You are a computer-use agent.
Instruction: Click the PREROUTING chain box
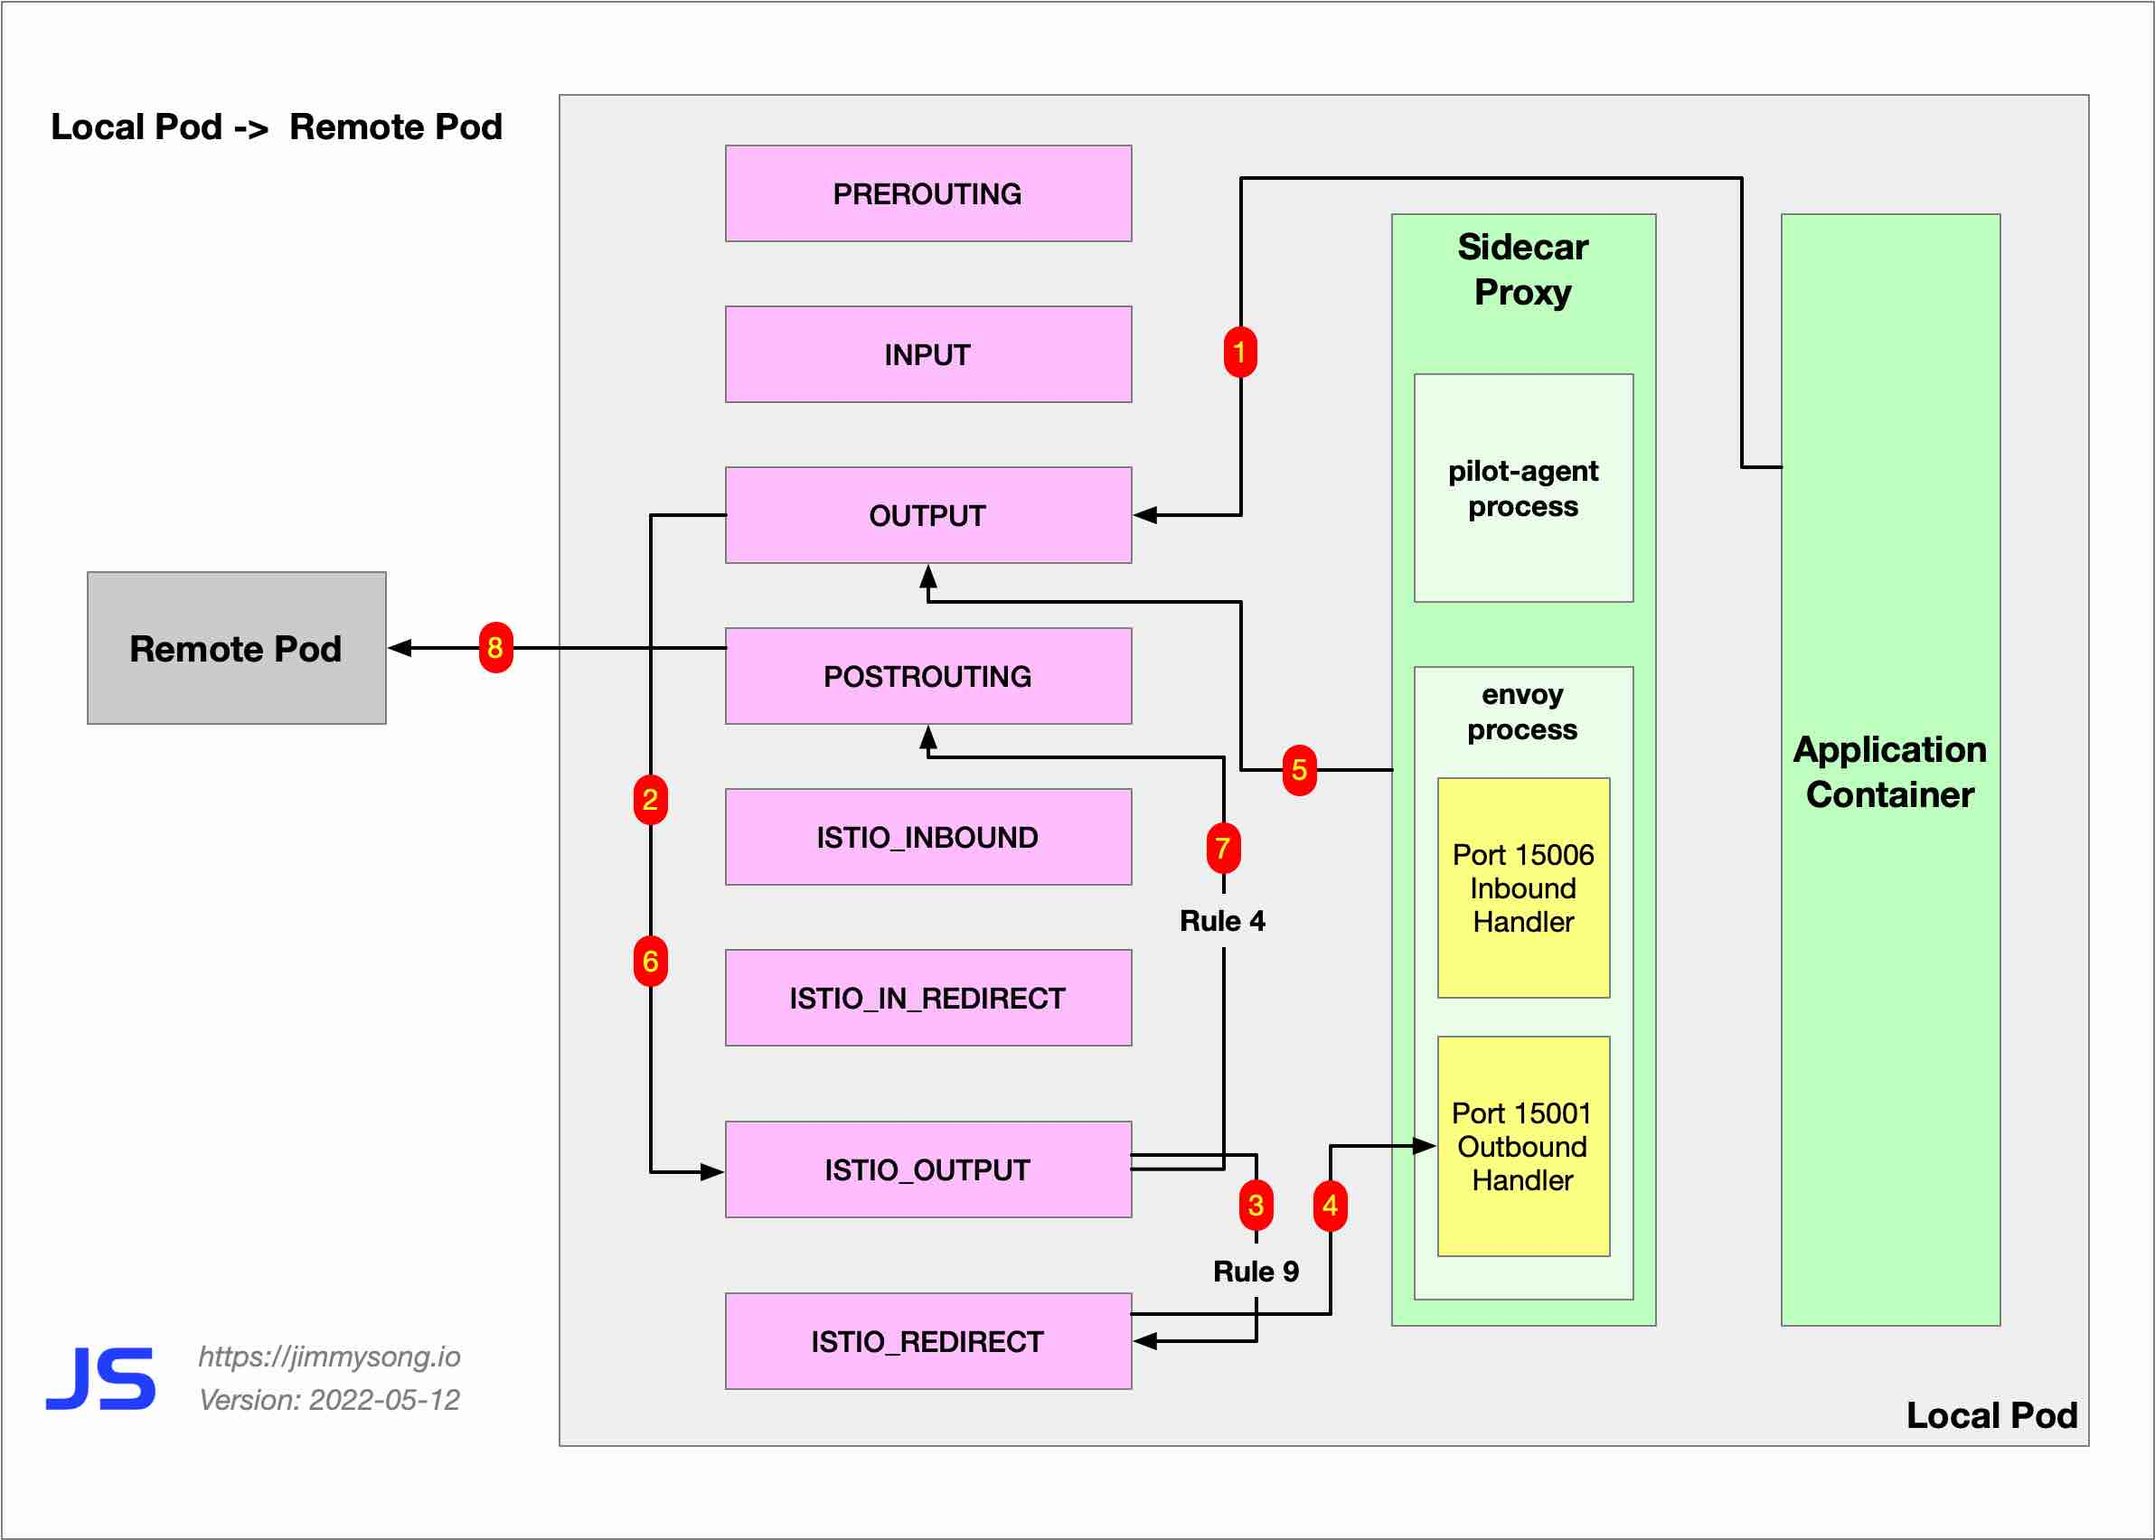click(x=927, y=193)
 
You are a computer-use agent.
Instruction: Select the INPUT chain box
click(x=927, y=354)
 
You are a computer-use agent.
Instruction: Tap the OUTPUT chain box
click(x=927, y=515)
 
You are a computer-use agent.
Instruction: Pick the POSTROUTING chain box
click(x=927, y=676)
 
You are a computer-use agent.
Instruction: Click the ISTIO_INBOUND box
click(x=927, y=837)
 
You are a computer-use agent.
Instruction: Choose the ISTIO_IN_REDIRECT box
click(x=927, y=998)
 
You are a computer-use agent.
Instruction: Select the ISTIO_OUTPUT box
click(x=927, y=1169)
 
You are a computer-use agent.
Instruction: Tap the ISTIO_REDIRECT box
click(x=927, y=1341)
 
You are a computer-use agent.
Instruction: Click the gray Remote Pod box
click(x=236, y=649)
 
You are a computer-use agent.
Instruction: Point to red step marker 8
click(x=495, y=648)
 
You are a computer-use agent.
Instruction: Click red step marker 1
click(x=1239, y=352)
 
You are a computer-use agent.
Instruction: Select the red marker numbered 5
click(x=1298, y=770)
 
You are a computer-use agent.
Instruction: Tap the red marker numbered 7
click(x=1223, y=848)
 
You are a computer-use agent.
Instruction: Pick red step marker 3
click(x=1256, y=1206)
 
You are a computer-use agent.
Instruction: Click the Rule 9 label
click(x=1256, y=1271)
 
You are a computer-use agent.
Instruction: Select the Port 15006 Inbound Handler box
click(x=1522, y=887)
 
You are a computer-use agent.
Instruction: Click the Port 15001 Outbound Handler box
click(x=1522, y=1146)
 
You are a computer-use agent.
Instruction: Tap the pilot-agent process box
click(x=1522, y=488)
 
